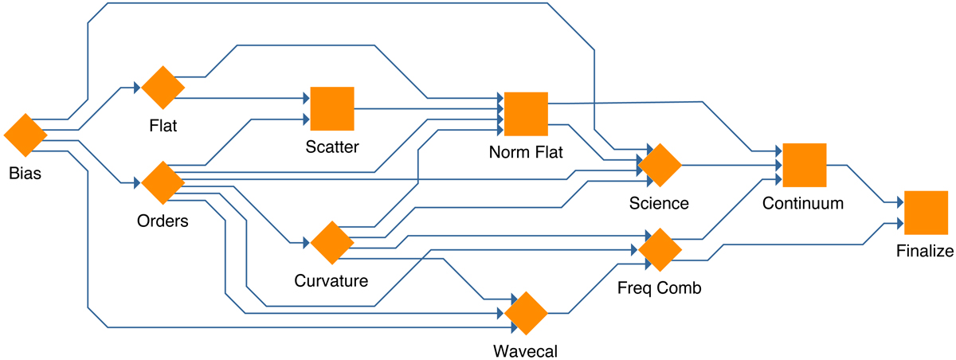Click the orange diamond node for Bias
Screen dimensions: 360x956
pos(26,135)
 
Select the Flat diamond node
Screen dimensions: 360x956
pos(163,88)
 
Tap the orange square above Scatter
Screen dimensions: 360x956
pos(332,108)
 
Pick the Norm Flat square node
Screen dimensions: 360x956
pos(526,113)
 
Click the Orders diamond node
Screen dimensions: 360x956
pos(163,182)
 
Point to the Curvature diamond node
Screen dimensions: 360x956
pos(331,243)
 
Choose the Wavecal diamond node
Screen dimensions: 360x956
pos(526,313)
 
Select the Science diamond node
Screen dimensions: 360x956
pos(660,165)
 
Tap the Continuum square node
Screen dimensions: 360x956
pos(804,165)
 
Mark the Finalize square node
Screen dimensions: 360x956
pos(926,213)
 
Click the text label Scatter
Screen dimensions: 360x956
pos(332,147)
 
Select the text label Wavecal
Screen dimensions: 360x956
pos(525,350)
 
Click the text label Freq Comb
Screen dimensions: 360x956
pos(660,288)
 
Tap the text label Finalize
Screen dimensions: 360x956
pos(925,252)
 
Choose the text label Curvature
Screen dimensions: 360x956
pos(331,281)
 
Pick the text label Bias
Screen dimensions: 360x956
pos(25,173)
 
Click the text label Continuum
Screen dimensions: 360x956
pos(803,203)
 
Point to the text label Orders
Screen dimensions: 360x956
pos(163,221)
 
